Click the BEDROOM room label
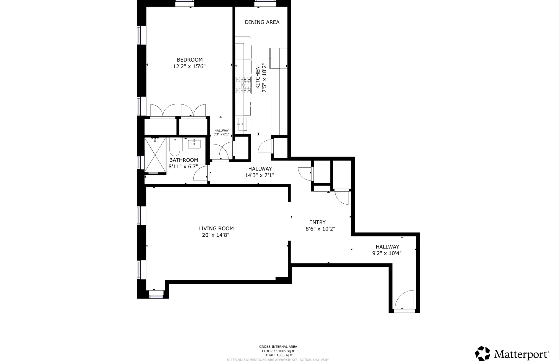click(189, 60)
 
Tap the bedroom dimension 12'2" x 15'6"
click(189, 66)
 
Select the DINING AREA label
click(262, 22)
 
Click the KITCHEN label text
click(258, 77)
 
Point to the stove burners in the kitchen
click(243, 85)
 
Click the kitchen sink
click(242, 124)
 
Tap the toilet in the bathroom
click(175, 147)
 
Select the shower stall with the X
click(155, 155)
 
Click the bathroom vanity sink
click(194, 144)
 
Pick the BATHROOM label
click(184, 160)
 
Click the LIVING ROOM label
click(216, 228)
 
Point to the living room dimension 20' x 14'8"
click(216, 235)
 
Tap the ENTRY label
click(317, 222)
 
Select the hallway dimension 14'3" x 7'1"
click(260, 175)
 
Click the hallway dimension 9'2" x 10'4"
click(387, 253)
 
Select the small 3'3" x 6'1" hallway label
click(221, 133)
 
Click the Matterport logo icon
click(482, 354)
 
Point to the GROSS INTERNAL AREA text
click(278, 347)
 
